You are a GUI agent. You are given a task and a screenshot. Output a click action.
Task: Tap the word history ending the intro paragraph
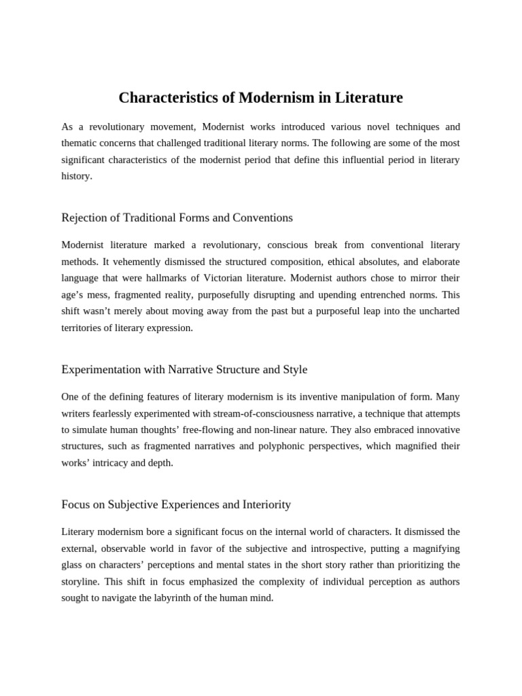pyautogui.click(x=75, y=175)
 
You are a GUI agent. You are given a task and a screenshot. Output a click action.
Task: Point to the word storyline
pyautogui.click(x=83, y=582)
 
